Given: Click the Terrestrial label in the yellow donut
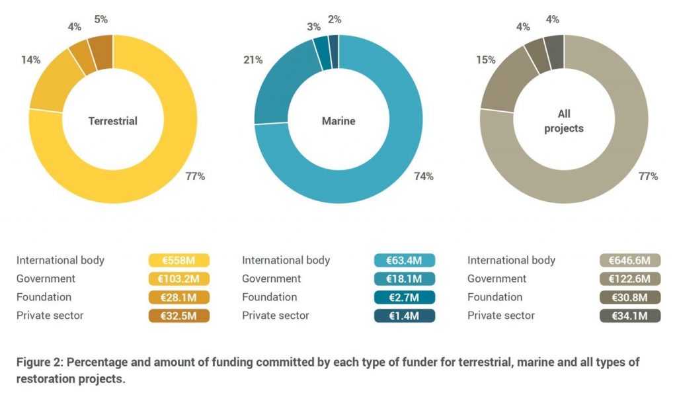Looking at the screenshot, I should [113, 121].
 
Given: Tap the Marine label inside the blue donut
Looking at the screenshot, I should [338, 121].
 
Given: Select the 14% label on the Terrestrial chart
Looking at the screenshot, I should [31, 60].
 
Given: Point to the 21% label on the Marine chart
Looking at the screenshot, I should [253, 60].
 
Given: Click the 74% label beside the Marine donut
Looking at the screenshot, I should [424, 176].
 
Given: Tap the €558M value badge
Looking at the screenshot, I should [180, 261].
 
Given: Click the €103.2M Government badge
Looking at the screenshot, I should [180, 279].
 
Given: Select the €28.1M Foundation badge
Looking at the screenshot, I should [180, 297].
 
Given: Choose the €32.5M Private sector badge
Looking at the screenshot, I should [180, 316].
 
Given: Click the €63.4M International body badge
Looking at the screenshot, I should [404, 261].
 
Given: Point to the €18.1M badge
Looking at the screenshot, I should [404, 279].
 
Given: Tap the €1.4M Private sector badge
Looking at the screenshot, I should [404, 316].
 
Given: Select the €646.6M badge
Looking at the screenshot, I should [630, 261].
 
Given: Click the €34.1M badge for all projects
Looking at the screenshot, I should [630, 316].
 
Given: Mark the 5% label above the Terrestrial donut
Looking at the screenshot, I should [100, 19].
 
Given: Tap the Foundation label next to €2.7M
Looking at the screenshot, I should [270, 297].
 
